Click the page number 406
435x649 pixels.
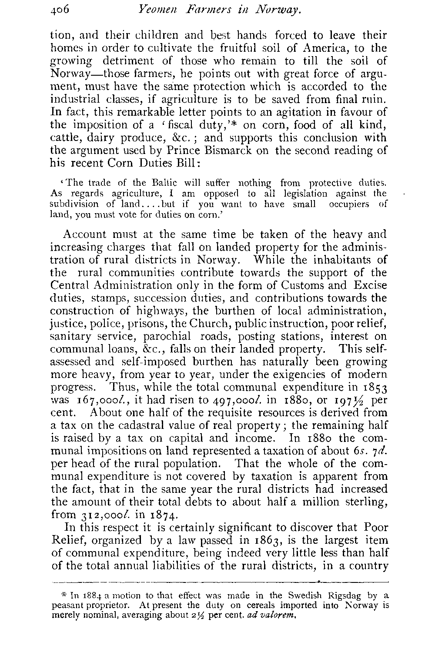[x=62, y=8]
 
